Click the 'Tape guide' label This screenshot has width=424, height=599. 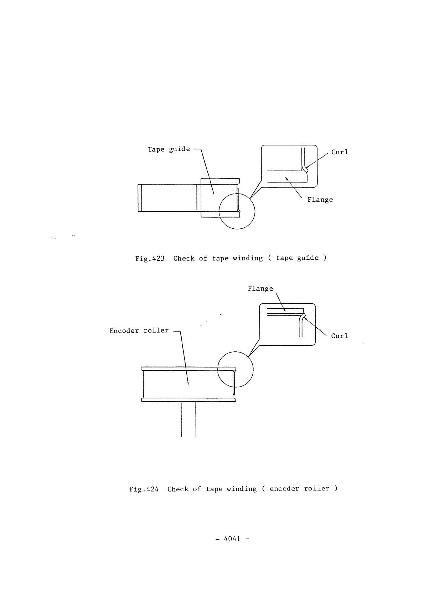(x=169, y=149)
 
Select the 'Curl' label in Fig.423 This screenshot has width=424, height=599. (x=340, y=152)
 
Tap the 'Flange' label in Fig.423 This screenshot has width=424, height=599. (x=320, y=200)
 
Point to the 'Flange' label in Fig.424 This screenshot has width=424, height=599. (x=260, y=288)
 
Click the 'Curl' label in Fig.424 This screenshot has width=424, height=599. (x=339, y=336)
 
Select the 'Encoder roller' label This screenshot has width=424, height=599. (x=139, y=331)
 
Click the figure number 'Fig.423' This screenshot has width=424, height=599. (x=150, y=259)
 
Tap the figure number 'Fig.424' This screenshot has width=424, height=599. (x=144, y=489)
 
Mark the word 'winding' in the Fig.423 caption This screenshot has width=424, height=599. (x=248, y=258)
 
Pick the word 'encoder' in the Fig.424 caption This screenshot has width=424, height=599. (x=284, y=489)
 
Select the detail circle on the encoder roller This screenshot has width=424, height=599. (x=235, y=370)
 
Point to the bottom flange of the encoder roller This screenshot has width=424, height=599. (x=188, y=400)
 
